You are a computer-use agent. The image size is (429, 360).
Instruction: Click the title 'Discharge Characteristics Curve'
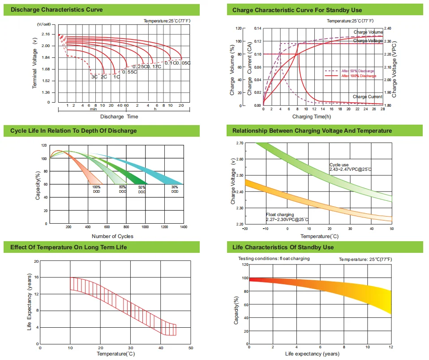click(56, 9)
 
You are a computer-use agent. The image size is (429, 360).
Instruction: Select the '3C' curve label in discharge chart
click(94, 77)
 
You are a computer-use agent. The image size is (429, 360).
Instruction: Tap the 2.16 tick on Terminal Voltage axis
click(45, 35)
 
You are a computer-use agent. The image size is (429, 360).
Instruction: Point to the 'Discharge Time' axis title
click(119, 117)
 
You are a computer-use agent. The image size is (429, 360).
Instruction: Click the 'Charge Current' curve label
click(368, 97)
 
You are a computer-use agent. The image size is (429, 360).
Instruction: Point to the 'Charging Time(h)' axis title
click(312, 117)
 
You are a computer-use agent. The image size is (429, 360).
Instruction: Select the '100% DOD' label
click(96, 189)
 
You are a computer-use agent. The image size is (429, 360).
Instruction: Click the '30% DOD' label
click(175, 189)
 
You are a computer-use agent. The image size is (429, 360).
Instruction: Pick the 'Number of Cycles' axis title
click(112, 236)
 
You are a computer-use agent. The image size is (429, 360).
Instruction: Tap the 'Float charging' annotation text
click(280, 215)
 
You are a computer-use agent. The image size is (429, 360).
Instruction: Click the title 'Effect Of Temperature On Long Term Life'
click(69, 247)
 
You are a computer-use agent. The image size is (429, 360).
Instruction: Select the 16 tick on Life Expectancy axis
click(36, 278)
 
